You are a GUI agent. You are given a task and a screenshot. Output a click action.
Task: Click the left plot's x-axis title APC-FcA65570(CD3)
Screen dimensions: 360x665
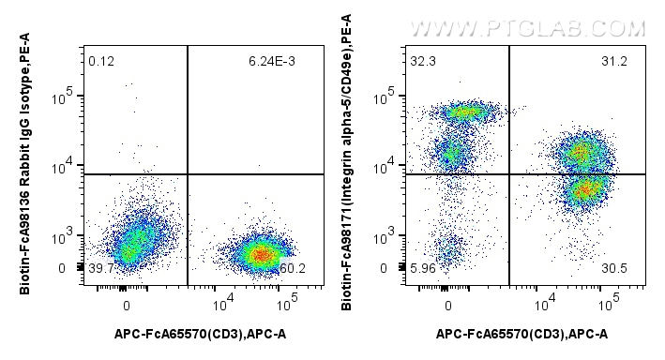click(201, 335)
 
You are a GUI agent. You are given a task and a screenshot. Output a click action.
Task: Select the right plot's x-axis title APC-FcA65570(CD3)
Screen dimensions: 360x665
click(521, 335)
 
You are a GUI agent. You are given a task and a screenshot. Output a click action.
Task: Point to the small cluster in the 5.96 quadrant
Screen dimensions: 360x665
click(449, 249)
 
